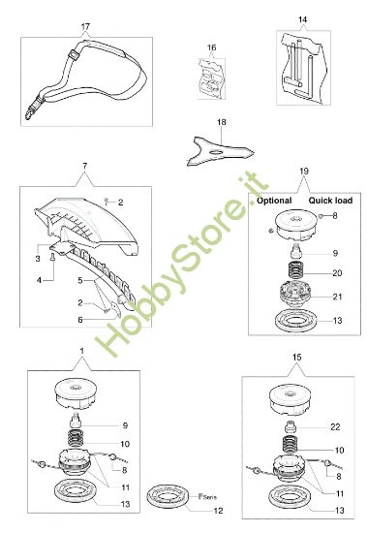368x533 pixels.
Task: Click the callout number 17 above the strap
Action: tap(84, 26)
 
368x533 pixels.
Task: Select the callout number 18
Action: tap(222, 121)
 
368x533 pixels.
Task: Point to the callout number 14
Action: tap(302, 19)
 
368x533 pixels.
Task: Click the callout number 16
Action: tap(211, 47)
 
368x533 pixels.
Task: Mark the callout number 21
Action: tap(337, 297)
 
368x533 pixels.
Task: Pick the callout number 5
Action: tap(80, 280)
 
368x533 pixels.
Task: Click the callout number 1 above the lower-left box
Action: tap(81, 349)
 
